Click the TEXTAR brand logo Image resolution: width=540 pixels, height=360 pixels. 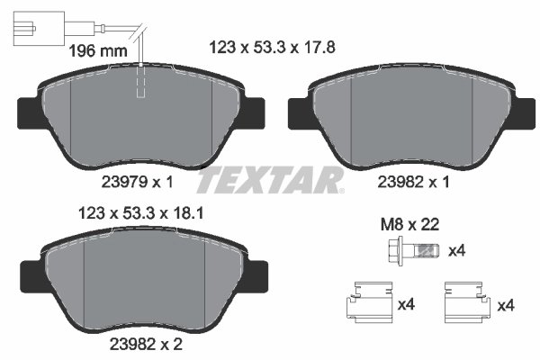(270, 180)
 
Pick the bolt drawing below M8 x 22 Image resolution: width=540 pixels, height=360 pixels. (413, 249)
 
